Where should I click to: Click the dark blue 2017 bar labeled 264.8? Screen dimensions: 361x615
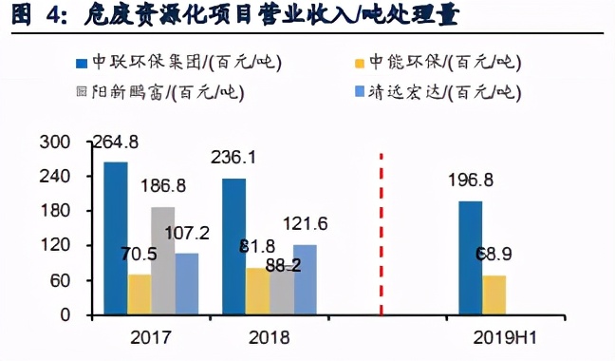[115, 237]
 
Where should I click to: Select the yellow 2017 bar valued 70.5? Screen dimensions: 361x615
[139, 294]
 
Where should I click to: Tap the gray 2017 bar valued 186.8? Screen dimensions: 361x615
[162, 260]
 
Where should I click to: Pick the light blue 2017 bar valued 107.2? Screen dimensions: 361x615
[186, 283]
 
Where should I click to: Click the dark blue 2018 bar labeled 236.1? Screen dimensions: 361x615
[233, 246]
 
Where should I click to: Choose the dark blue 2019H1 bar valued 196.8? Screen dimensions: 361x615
[470, 257]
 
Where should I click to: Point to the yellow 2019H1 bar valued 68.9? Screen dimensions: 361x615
[494, 294]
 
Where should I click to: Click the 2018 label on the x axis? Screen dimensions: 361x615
[270, 336]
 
